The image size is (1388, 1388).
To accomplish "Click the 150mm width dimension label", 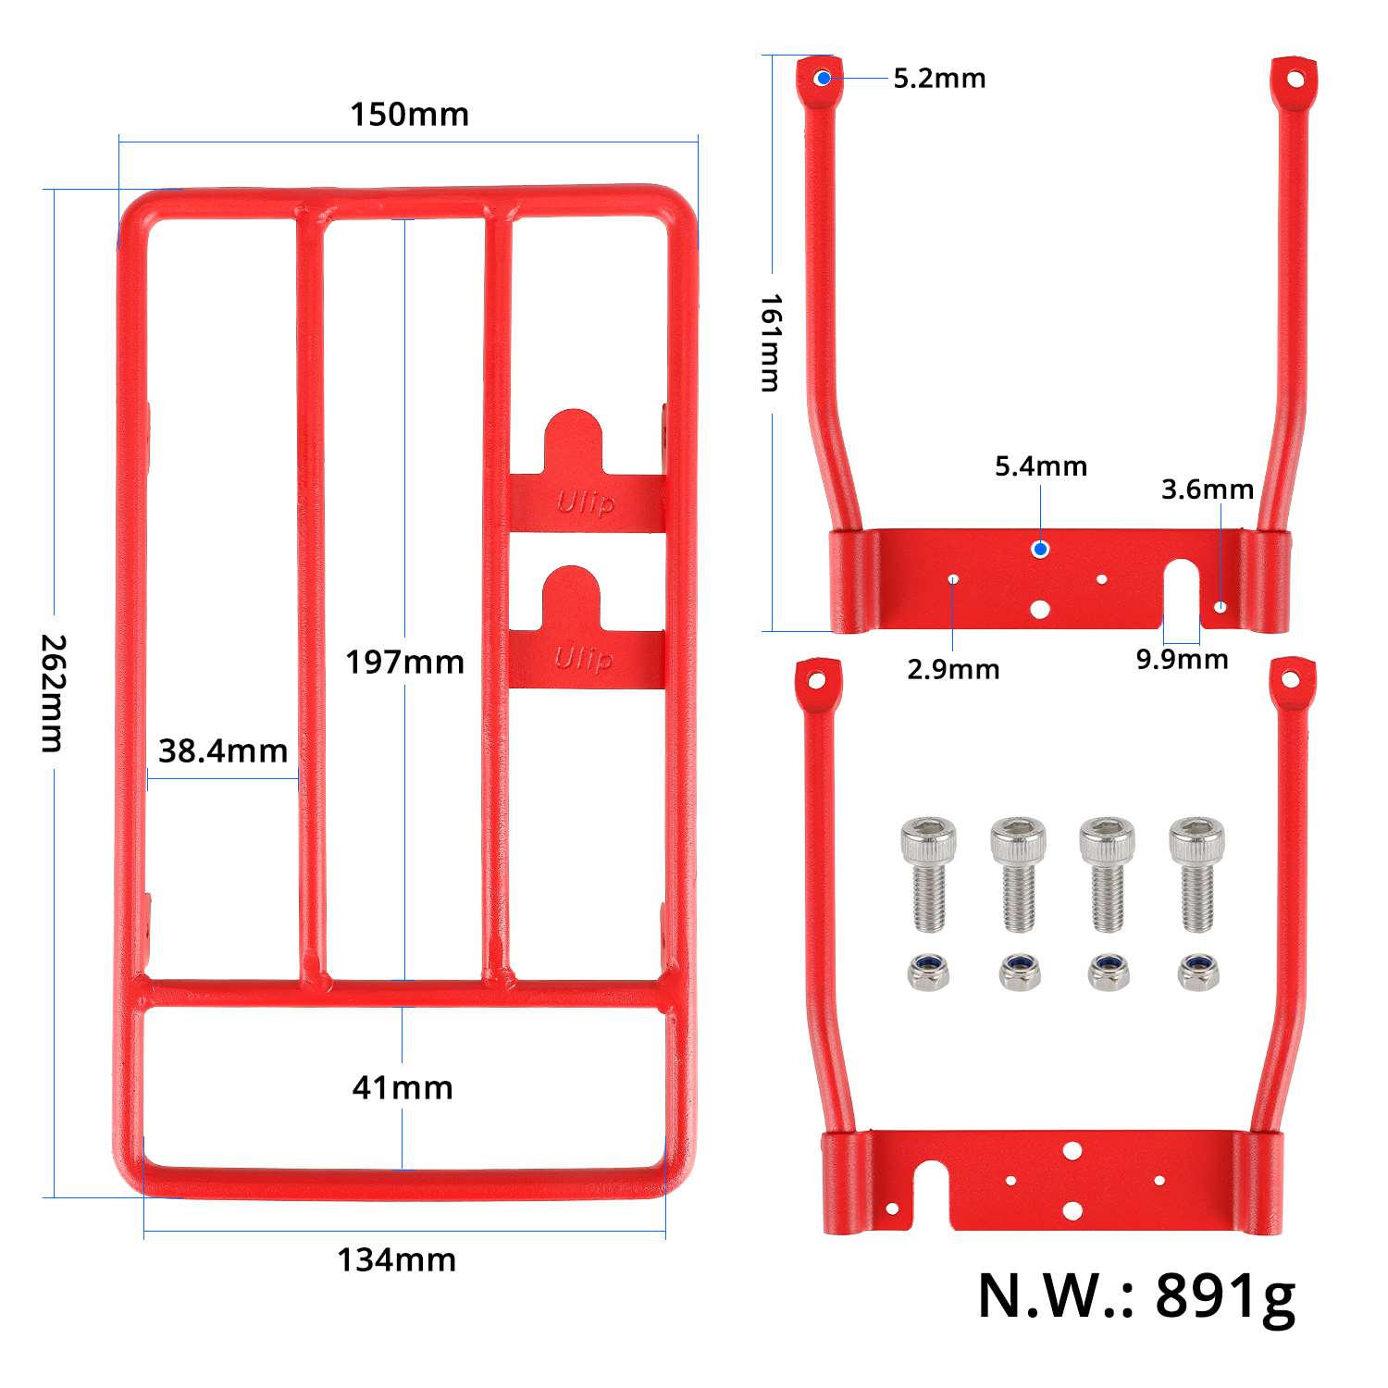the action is point(409,115).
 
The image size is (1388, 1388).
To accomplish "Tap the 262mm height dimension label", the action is point(54,693).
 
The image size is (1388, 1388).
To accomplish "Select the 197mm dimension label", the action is point(404,663).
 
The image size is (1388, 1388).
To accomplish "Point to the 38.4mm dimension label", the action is point(223,750).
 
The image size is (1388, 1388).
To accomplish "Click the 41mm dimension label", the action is point(403,1087).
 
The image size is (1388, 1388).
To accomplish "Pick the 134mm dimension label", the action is point(396,1260).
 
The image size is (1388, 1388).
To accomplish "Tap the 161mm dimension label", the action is point(771,342).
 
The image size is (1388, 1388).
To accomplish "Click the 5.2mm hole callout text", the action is point(939,79).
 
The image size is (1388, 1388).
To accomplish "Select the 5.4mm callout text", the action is point(1041,466).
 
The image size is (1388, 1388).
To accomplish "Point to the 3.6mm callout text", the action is point(1208,490).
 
